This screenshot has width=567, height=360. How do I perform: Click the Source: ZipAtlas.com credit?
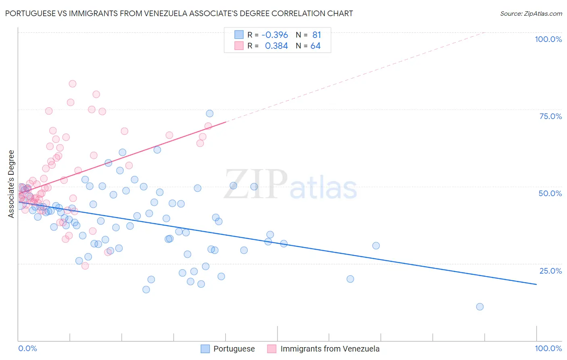531,14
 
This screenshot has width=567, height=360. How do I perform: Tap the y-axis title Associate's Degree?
11,184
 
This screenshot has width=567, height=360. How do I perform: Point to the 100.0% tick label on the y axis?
548,39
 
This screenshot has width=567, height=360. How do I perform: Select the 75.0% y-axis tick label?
550,116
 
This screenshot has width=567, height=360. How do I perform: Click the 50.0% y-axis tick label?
550,193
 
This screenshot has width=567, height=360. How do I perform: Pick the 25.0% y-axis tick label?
550,271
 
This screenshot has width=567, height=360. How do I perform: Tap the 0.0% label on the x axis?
27,348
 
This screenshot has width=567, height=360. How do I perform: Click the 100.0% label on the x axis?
548,348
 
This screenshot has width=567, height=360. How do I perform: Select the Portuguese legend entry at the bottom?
234,349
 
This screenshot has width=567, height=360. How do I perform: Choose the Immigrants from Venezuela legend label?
329,349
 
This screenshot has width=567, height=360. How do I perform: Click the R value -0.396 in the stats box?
275,35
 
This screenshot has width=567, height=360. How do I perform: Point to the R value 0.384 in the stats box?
276,46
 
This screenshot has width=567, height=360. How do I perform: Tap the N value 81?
317,35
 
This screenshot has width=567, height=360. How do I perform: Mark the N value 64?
315,46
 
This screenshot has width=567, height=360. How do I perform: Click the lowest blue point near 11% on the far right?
479,307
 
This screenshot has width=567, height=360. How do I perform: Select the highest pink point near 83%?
73,84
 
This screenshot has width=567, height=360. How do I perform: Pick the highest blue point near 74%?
210,114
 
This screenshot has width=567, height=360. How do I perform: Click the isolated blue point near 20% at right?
350,279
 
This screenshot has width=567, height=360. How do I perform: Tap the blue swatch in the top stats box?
239,35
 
